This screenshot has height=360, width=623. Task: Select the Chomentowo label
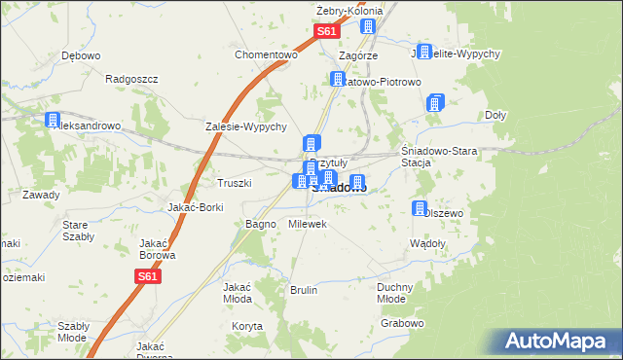pos(265,54)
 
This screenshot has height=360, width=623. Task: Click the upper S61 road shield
pos(327,32)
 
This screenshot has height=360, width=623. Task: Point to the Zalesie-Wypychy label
pos(245,126)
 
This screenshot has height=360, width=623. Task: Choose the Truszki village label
pos(235,182)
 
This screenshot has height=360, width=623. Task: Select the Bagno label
pos(261,224)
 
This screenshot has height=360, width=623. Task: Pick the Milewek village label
pos(308,224)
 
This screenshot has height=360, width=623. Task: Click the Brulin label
pos(304,290)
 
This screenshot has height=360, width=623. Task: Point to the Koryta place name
pos(247,326)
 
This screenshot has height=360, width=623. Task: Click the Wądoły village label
pos(427,243)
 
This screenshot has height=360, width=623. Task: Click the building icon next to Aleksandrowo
pos(52,121)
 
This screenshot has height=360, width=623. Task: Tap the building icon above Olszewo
pos(420,208)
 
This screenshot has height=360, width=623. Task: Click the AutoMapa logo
pos(560,341)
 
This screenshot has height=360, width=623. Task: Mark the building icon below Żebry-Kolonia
pos(368,27)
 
